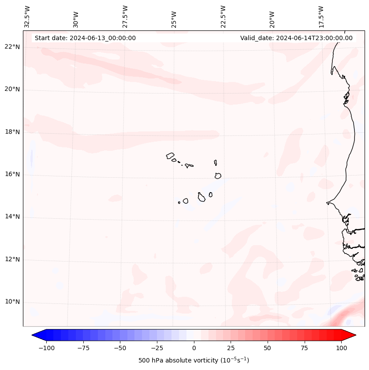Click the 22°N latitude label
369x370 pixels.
12,47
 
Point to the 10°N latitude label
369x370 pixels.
12,302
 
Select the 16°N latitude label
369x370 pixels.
12,175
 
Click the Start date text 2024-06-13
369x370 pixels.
85,38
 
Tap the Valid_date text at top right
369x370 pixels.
296,38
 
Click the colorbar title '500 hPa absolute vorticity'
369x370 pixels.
194,360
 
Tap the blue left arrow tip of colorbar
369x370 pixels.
34,335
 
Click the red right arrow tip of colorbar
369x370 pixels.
354,335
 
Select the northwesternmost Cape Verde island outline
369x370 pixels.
170,155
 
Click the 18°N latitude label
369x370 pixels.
12,132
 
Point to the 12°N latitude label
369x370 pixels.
12,259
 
